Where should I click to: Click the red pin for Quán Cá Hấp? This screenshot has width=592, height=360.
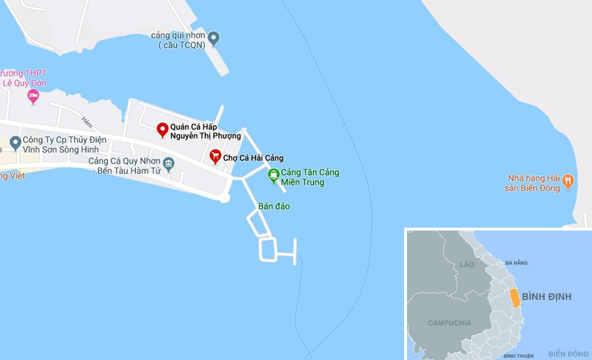pos(162,129)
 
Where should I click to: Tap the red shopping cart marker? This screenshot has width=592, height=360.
pos(215,156)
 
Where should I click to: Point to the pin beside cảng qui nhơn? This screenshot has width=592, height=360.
pos(214,39)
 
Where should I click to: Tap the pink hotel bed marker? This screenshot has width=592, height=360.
pos(33,96)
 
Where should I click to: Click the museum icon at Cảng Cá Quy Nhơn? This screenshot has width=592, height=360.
pos(168,164)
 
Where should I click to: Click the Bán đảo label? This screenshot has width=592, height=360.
pos(274,206)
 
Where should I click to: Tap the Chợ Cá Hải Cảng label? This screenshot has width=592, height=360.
pos(253,158)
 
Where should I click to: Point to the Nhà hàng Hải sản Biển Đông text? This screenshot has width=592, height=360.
pos(534,183)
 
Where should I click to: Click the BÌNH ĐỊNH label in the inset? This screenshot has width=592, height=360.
pos(546,296)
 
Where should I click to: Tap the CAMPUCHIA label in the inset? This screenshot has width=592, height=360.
pos(449,322)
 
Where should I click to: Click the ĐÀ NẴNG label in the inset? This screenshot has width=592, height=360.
pos(516,263)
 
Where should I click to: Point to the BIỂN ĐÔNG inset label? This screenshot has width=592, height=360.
pos(568,354)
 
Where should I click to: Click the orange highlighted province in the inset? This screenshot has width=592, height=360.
pos(515,297)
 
